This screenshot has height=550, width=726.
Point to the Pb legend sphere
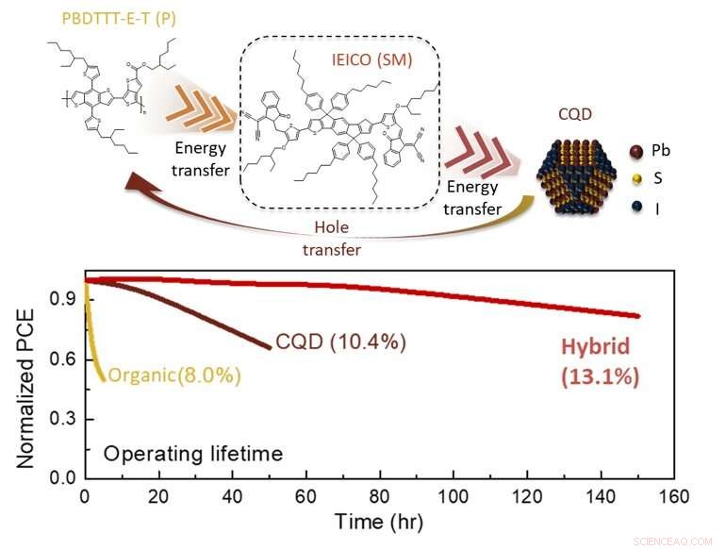[635, 149]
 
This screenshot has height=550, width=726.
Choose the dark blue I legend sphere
[635, 202]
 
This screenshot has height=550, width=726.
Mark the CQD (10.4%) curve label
[340, 342]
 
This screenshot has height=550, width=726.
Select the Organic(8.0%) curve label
[174, 375]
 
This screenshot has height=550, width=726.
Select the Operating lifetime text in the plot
[192, 454]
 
